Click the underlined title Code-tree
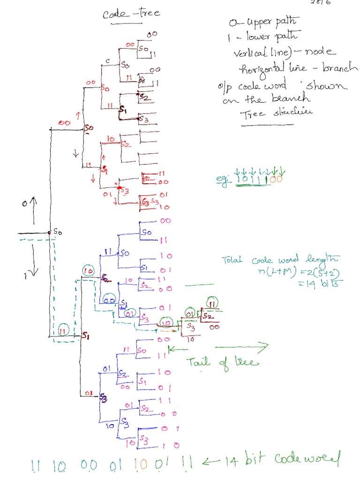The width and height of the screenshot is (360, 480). coord(131,13)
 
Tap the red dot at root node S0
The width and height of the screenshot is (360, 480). coord(49,232)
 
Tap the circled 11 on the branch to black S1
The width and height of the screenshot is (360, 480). coord(64,331)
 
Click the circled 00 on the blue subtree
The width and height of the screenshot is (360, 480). coord(110,300)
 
